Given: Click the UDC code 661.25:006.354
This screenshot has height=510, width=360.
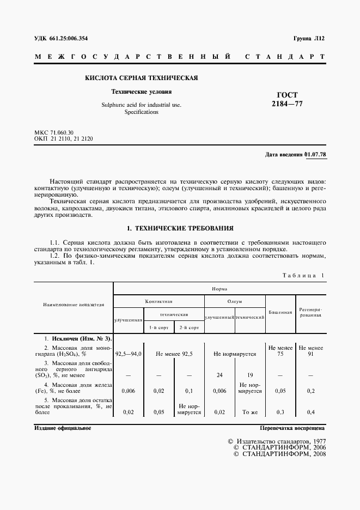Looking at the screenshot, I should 68,38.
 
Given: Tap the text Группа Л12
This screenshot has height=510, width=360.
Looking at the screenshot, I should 309,38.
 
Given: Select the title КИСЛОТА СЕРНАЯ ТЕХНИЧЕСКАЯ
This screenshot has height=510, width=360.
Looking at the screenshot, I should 141,78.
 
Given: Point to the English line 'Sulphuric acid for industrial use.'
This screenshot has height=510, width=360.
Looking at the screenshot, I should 141,104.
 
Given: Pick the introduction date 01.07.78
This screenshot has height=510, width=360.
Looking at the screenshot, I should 315,154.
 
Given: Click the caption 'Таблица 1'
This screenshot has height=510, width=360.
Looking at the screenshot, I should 301,276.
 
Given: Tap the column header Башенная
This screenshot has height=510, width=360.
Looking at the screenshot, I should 280,312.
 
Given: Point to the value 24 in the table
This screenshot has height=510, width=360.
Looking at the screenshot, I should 219,375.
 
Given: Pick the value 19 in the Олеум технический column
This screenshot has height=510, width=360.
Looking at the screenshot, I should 250,375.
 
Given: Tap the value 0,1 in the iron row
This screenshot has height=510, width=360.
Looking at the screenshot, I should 189,391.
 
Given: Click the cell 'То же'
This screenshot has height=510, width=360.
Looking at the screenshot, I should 250,412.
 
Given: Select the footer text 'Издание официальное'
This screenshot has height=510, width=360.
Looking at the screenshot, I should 62,428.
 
